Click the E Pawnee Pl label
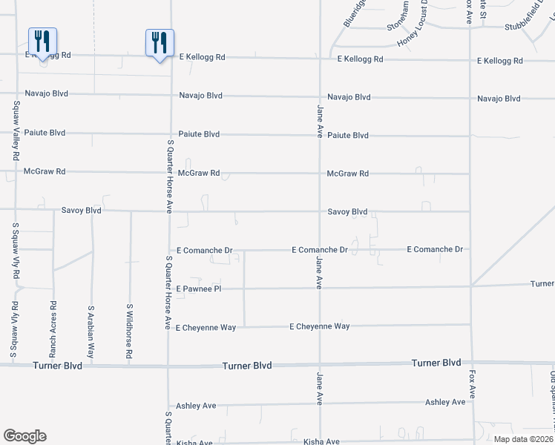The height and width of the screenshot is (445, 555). (x=199, y=288)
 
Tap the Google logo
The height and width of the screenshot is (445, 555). (x=24, y=436)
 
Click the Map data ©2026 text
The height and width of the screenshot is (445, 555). (x=522, y=439)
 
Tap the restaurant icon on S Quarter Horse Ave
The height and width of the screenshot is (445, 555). (x=160, y=42)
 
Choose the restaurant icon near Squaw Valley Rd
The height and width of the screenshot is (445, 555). (x=42, y=42)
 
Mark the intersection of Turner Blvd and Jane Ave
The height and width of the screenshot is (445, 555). (x=320, y=365)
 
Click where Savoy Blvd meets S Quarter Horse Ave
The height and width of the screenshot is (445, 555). (x=170, y=211)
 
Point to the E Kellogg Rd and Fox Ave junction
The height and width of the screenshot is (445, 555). (x=470, y=59)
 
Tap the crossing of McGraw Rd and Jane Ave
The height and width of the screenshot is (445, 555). (x=320, y=174)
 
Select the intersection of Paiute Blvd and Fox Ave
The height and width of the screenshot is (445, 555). (x=470, y=136)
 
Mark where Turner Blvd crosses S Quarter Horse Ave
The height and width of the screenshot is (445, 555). (x=168, y=366)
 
